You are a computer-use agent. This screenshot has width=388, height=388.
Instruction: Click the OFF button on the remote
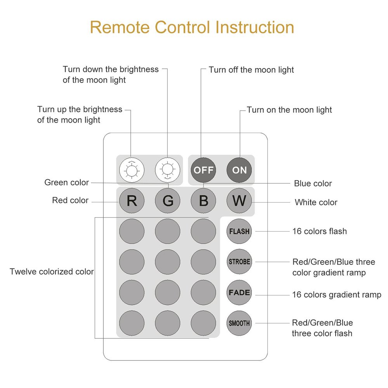[203, 170]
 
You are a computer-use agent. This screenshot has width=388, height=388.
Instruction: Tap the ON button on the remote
[239, 170]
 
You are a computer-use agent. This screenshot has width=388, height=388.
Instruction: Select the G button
[168, 201]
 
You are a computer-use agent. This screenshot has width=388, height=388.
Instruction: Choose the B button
[203, 201]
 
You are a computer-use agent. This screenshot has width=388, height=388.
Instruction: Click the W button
[239, 201]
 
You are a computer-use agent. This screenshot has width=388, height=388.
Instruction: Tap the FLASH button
[239, 231]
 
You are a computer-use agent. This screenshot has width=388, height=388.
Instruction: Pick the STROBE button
[239, 262]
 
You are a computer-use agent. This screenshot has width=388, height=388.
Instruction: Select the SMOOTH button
[239, 323]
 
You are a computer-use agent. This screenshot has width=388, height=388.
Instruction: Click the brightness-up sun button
[132, 170]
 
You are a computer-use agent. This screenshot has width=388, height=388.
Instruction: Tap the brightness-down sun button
[168, 170]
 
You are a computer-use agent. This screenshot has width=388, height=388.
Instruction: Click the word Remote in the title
[120, 27]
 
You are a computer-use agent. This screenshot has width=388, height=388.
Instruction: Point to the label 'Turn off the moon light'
[251, 70]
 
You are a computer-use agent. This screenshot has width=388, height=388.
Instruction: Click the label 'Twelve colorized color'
[52, 272]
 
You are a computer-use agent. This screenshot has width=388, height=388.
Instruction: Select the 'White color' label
[316, 203]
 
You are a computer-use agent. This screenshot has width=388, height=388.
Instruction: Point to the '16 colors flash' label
[319, 231]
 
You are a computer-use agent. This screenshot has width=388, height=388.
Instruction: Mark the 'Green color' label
[67, 182]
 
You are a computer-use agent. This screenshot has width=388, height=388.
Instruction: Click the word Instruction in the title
[255, 27]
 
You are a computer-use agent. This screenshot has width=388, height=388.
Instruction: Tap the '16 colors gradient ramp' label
[336, 295]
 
